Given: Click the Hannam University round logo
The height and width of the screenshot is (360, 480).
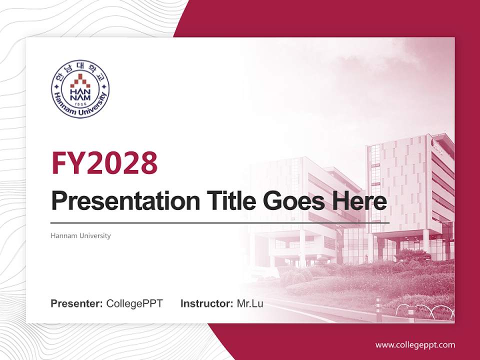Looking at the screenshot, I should [x=80, y=90].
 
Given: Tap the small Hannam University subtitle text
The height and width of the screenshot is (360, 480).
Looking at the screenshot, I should [x=80, y=235].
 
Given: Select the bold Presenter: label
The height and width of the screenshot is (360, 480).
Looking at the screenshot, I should [x=77, y=303].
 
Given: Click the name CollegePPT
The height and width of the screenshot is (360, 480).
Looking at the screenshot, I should [x=134, y=303].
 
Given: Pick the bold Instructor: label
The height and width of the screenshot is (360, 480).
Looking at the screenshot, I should [x=206, y=303].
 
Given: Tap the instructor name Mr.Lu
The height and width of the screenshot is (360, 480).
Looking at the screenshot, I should [x=250, y=303].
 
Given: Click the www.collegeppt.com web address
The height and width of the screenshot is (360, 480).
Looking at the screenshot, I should [x=415, y=345].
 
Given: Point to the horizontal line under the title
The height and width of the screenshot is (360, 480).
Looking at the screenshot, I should [x=220, y=222].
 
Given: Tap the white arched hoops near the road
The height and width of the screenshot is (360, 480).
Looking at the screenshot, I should [x=425, y=311].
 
